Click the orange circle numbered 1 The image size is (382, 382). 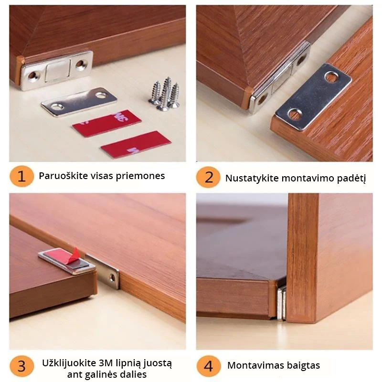pyautogui.click(x=21, y=176)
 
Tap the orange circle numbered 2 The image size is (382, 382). pyautogui.click(x=208, y=177)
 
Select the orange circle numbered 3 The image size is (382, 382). pyautogui.click(x=21, y=366)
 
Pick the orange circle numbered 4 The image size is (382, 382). pyautogui.click(x=208, y=366)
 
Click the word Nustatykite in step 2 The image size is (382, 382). pyautogui.click(x=252, y=178)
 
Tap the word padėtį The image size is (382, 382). pyautogui.click(x=351, y=179)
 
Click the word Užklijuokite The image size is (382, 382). pyautogui.click(x=69, y=363)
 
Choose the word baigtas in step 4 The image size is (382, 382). pyautogui.click(x=303, y=365)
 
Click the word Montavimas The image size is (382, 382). pyautogui.click(x=255, y=365)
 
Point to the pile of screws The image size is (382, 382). pyautogui.click(x=164, y=94)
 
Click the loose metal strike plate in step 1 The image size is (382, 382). pyautogui.click(x=79, y=102)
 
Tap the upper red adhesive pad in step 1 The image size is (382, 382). pyautogui.click(x=106, y=123)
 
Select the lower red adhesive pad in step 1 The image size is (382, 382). pyautogui.click(x=136, y=144)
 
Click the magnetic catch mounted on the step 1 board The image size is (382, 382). pyautogui.click(x=57, y=71)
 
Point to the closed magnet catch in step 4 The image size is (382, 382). pyautogui.click(x=282, y=303)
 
